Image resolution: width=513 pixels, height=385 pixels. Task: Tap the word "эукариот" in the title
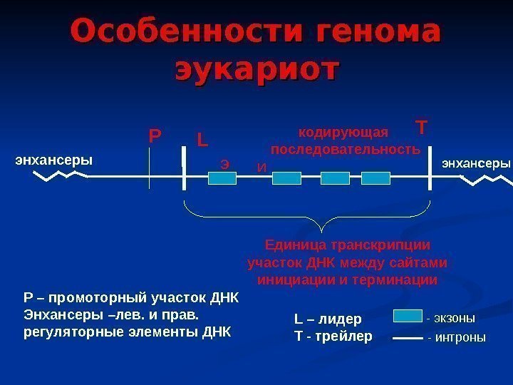tap(258, 70)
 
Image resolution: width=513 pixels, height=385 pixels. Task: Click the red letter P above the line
tap(155, 135)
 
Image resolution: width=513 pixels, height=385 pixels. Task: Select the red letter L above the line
tap(202, 137)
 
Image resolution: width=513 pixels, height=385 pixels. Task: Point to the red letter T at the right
tap(421, 128)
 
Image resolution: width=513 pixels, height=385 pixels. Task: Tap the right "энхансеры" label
tap(477, 163)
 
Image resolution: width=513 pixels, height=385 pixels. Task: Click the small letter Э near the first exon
tap(224, 164)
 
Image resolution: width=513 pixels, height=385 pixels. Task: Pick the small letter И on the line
tap(261, 168)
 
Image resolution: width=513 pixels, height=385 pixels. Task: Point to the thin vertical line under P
tap(150, 171)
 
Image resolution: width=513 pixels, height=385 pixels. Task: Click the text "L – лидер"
tap(328, 319)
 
